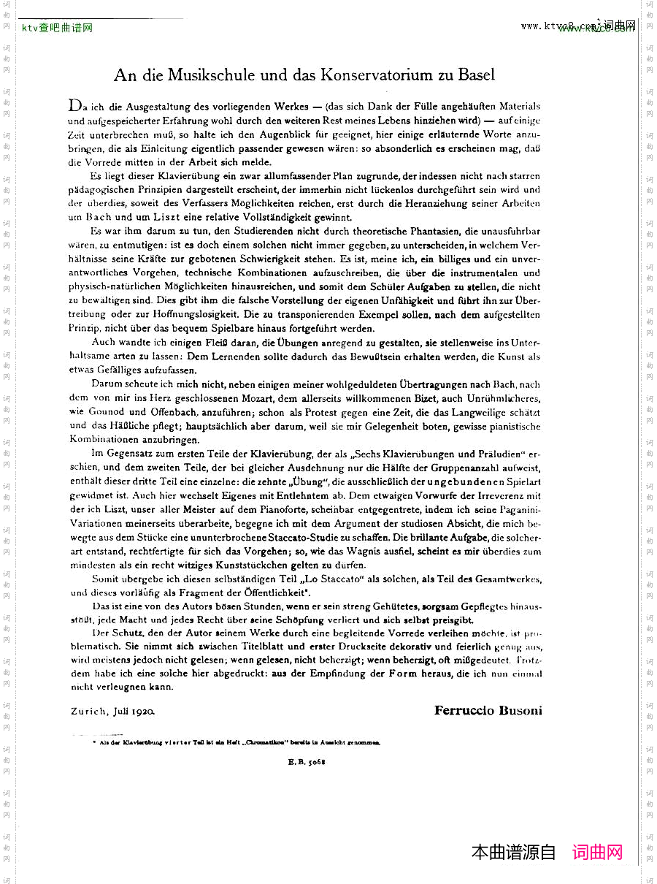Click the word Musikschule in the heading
pos(214,75)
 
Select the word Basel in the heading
pos(477,75)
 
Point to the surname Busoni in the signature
pos(520,710)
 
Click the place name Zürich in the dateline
pos(88,711)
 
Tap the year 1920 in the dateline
pos(143,711)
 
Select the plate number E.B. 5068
pos(306,761)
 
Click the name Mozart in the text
pos(252,398)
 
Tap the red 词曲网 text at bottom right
pos(597,852)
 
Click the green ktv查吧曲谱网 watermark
pos(57,28)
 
